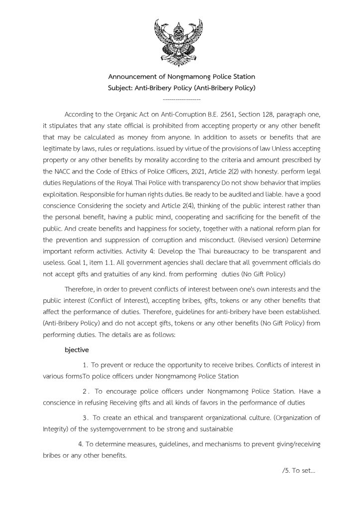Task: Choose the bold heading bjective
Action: click(x=77, y=349)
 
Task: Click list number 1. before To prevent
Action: click(x=85, y=365)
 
